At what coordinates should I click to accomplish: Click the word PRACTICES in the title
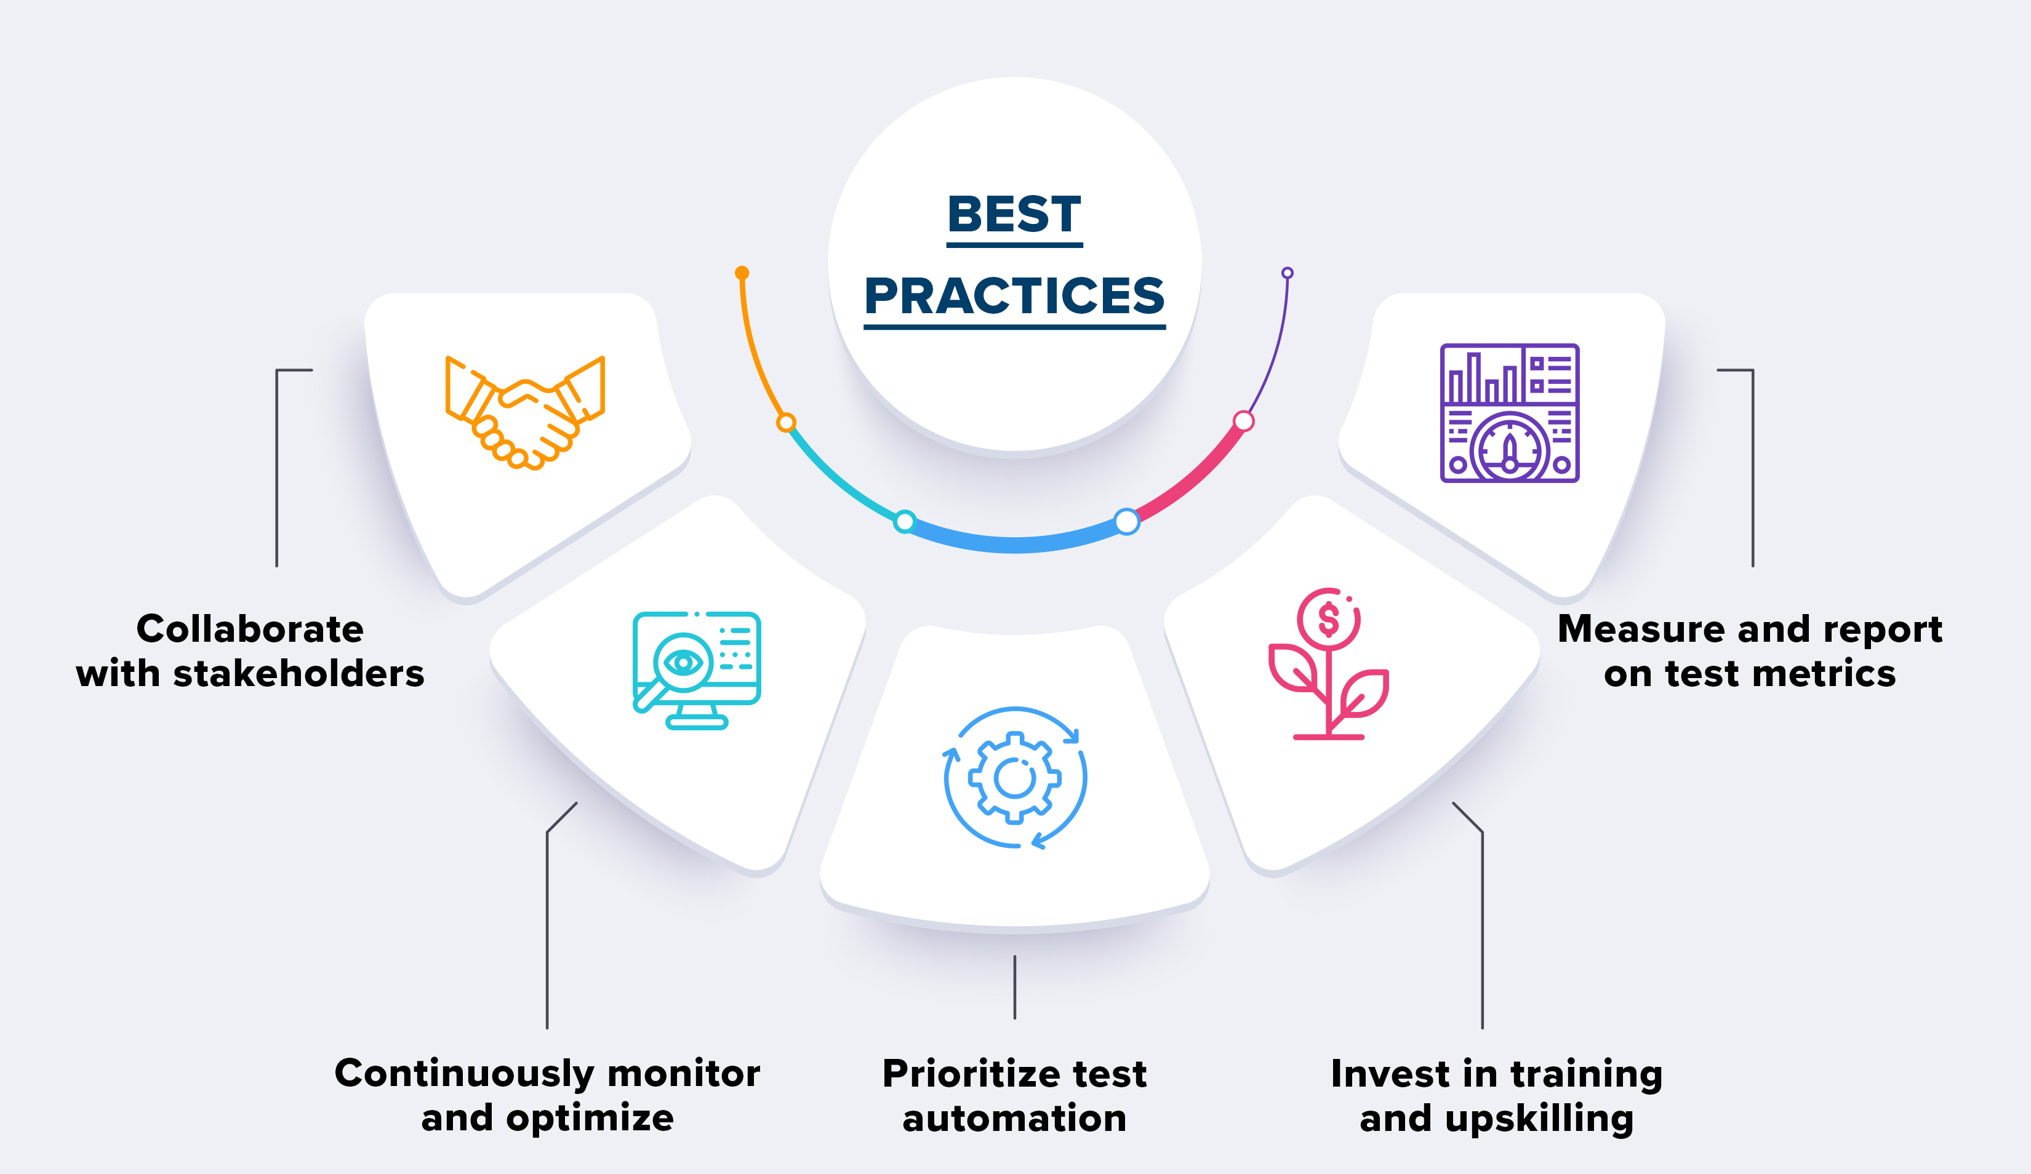pyautogui.click(x=1014, y=296)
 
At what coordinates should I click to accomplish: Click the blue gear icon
pyautogui.click(x=1015, y=778)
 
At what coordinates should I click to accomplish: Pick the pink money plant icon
pyautogui.click(x=1328, y=664)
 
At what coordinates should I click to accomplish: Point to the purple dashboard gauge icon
pyautogui.click(x=1510, y=413)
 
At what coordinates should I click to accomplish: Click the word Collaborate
pyautogui.click(x=250, y=629)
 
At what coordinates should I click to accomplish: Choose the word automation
pyautogui.click(x=1014, y=1119)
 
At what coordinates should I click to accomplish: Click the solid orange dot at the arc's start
pyautogui.click(x=742, y=273)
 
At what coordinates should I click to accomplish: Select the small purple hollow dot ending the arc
pyautogui.click(x=1287, y=273)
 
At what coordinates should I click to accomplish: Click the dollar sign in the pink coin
pyautogui.click(x=1328, y=620)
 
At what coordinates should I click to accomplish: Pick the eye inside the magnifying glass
pyautogui.click(x=683, y=662)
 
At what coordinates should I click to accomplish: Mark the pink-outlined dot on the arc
pyautogui.click(x=1244, y=421)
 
